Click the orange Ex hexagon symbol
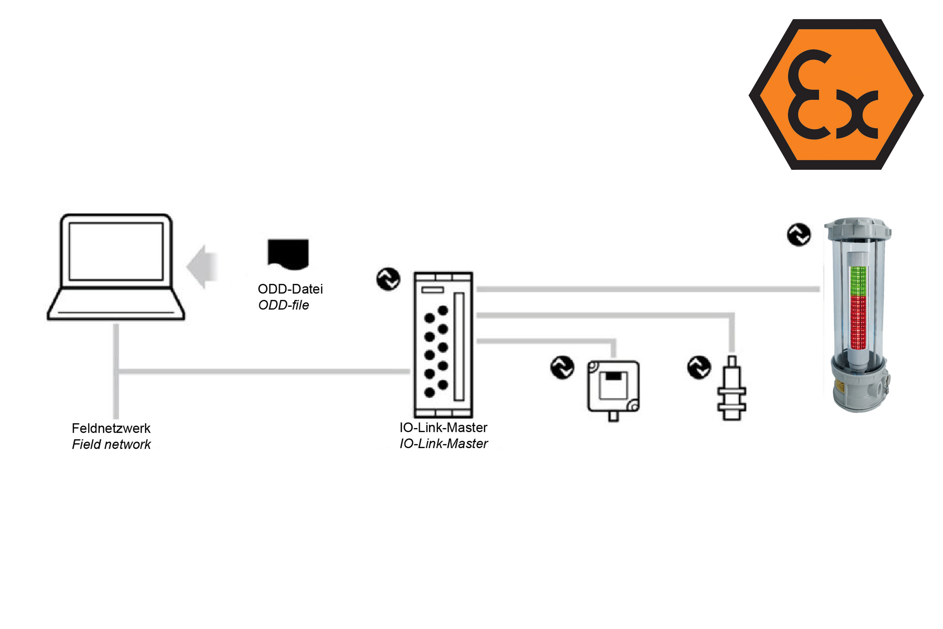point(836,94)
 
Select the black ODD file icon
point(288,253)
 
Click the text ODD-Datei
point(290,289)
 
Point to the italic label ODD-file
point(284,305)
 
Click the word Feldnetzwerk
point(111,428)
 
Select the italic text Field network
point(111,444)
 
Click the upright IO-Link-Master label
point(443,427)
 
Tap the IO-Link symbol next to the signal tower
point(799,235)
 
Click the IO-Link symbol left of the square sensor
point(562,367)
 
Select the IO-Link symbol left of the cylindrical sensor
point(699,367)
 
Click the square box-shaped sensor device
point(613,387)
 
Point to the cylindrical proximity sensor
point(732,389)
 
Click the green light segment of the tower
point(858,281)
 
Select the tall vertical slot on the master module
point(459,347)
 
